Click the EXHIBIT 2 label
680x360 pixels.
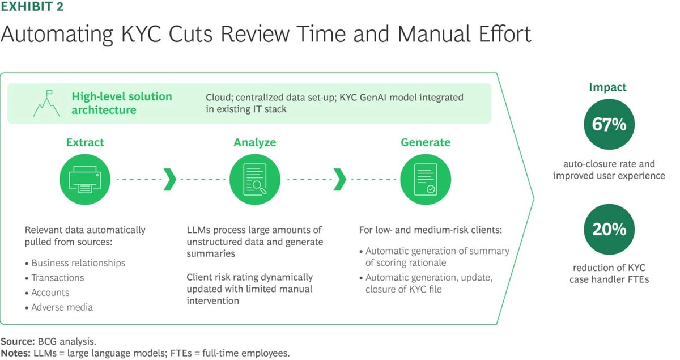(32, 7)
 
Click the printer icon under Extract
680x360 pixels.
(85, 179)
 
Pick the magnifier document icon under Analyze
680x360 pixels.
(254, 179)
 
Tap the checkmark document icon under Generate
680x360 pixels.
(425, 179)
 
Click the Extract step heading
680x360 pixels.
(85, 142)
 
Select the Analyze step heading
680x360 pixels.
(254, 142)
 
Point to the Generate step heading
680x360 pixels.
(425, 142)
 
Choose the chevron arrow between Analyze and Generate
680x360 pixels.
(339, 179)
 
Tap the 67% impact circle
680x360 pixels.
(609, 124)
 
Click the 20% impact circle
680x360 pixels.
(609, 230)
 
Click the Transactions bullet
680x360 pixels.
(57, 278)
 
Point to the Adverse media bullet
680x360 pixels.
(62, 307)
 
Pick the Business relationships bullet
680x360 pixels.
(78, 263)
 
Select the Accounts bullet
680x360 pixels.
(50, 293)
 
